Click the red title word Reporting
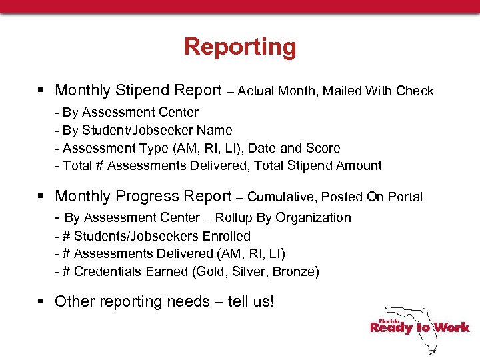240,47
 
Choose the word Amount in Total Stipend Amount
359,165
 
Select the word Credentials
105,271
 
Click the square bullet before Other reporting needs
41,302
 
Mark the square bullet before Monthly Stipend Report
41,91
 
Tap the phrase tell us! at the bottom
251,301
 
